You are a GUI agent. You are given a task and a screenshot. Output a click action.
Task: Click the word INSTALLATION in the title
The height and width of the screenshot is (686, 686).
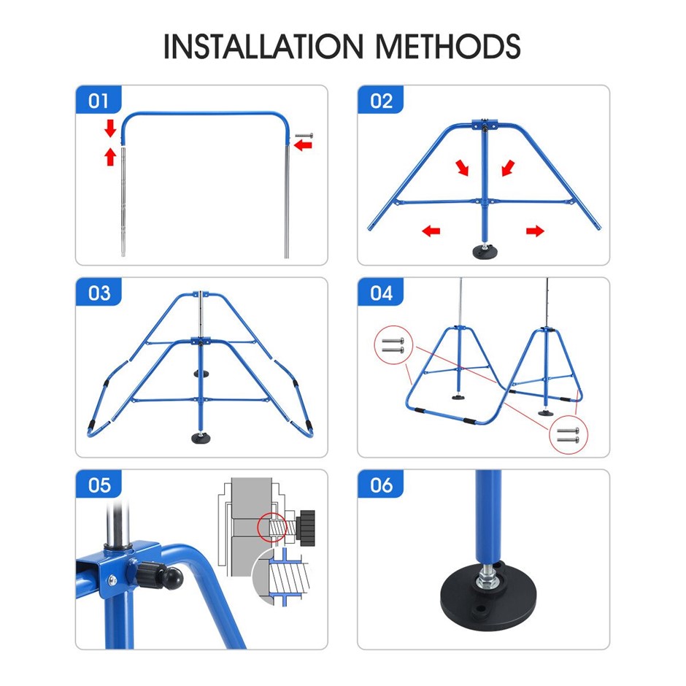point(263,46)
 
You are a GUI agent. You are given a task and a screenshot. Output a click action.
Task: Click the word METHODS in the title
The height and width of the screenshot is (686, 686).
point(448,46)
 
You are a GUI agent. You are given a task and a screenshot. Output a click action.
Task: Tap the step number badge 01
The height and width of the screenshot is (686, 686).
point(99,100)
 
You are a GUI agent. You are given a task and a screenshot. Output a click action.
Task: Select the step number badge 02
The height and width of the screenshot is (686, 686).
point(381,100)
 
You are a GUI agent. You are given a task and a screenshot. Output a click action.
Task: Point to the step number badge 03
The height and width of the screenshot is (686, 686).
point(99,292)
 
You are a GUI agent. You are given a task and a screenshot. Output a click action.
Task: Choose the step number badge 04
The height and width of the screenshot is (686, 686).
point(381,292)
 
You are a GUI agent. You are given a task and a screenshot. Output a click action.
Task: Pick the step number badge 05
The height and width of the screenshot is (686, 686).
point(99,485)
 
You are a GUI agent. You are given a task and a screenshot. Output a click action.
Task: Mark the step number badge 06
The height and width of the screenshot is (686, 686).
point(381,485)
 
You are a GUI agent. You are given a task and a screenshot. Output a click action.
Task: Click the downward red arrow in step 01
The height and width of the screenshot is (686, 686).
point(110,128)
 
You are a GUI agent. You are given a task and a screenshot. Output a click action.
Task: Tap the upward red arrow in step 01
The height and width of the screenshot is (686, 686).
point(110,156)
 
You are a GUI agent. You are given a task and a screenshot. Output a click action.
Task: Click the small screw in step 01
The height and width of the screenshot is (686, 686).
point(304,136)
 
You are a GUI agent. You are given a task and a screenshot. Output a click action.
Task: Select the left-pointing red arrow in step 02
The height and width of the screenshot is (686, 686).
point(431,231)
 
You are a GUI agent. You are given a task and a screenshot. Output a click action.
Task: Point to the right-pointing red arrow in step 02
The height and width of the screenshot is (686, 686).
point(535,231)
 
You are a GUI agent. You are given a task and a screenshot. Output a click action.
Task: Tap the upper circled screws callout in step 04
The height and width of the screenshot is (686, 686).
point(393,344)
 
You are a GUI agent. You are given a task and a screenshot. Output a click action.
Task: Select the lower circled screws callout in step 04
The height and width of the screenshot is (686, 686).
point(569,434)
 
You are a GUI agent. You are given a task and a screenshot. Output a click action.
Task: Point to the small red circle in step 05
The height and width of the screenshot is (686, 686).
point(271,528)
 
